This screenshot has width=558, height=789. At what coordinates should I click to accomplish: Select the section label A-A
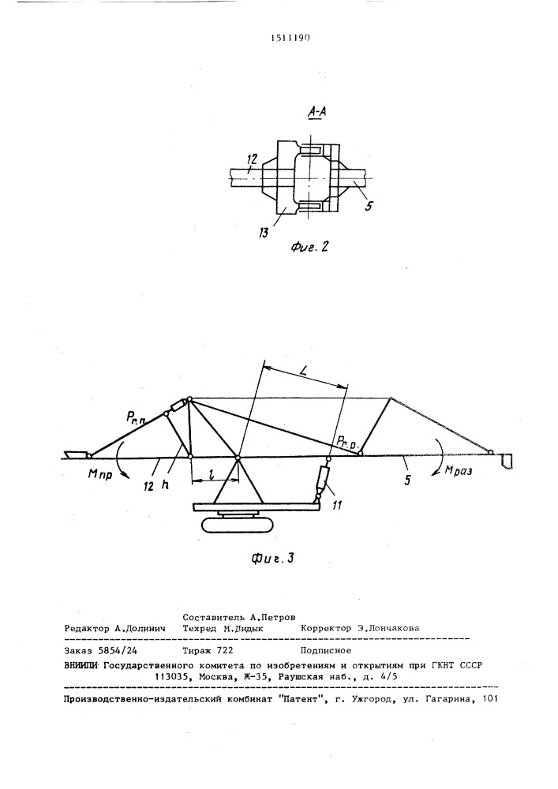click(316, 112)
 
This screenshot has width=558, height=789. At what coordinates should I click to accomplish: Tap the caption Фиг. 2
click(309, 246)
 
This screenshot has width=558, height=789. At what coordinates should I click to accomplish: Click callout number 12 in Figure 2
click(252, 159)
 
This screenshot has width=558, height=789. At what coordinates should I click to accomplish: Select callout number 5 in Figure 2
click(369, 206)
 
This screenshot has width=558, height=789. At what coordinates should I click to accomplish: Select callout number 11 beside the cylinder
click(336, 505)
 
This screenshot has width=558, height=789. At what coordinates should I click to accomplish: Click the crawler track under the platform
click(238, 525)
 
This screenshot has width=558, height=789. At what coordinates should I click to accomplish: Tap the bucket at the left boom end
click(76, 455)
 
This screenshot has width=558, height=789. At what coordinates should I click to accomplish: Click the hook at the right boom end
click(507, 462)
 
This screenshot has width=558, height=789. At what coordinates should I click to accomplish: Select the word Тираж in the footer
click(197, 651)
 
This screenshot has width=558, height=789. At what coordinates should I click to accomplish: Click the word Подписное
click(325, 651)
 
